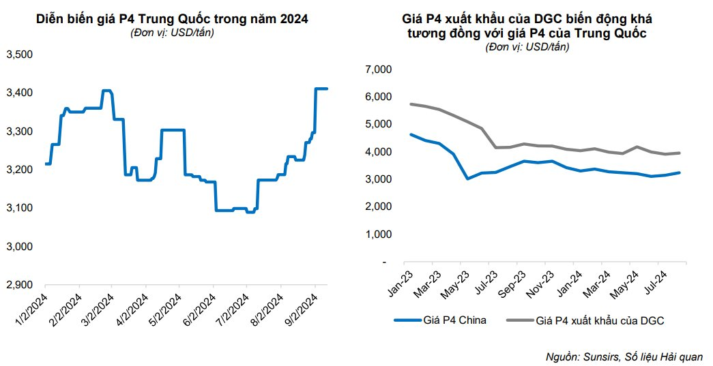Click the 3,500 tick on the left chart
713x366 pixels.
tap(20, 55)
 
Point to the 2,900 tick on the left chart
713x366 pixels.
tap(20, 284)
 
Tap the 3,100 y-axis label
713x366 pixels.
tap(20, 208)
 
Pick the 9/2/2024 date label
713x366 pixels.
tap(301, 307)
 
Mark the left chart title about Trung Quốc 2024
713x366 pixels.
tap(172, 19)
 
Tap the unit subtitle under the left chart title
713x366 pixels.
tap(172, 33)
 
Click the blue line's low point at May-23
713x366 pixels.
tap(467, 179)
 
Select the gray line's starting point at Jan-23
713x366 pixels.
tap(411, 104)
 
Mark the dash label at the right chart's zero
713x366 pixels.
tap(384, 262)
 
